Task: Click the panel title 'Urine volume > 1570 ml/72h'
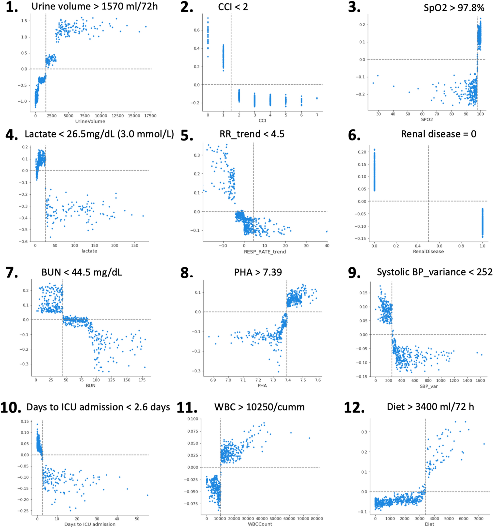94,6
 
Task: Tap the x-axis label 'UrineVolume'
90,121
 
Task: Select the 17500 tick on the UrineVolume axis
150,116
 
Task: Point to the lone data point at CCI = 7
317,98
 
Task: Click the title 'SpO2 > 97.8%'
454,8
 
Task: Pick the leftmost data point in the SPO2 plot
373,83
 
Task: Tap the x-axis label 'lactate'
89,251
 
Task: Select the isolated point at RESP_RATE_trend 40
327,232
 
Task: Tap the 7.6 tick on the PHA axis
318,380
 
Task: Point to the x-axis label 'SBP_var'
429,386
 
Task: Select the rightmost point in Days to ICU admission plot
147,495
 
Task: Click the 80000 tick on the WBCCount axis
317,518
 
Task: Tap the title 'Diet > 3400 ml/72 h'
430,407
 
